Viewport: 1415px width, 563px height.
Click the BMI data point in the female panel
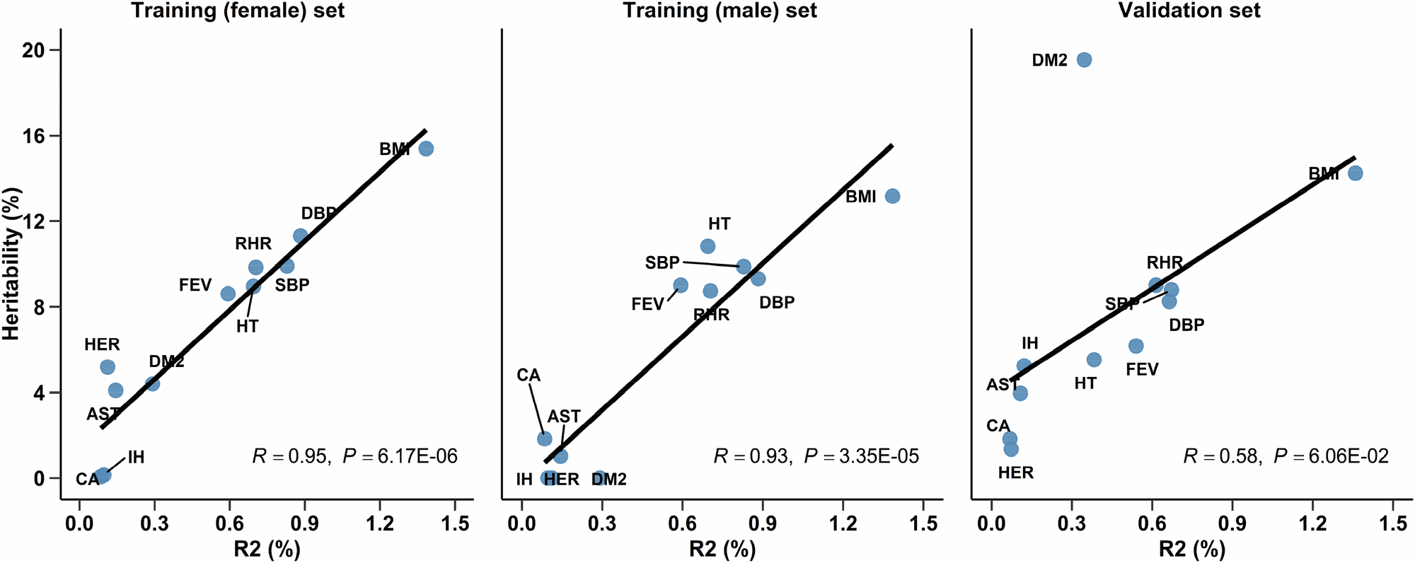tap(426, 149)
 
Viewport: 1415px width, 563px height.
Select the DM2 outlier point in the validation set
tap(1084, 59)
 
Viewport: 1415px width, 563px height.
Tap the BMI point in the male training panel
tap(892, 196)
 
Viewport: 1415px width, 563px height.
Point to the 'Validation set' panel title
tap(1189, 11)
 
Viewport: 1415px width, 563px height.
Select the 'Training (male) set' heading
tap(720, 11)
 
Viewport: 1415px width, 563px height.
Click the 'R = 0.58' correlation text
tap(1222, 456)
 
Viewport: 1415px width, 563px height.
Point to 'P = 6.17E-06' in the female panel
tap(400, 456)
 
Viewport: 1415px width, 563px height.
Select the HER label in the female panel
tap(102, 345)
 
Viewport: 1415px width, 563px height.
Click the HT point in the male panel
tap(707, 246)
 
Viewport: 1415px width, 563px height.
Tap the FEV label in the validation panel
tap(1142, 369)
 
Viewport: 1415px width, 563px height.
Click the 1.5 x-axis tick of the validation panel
tap(1392, 524)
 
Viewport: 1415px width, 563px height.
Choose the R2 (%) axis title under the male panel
tap(722, 550)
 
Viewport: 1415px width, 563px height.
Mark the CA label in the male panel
tap(529, 375)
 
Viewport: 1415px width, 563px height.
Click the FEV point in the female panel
tap(228, 294)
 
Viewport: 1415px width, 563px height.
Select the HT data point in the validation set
tap(1094, 359)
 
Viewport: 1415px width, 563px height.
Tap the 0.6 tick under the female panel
tap(229, 524)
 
